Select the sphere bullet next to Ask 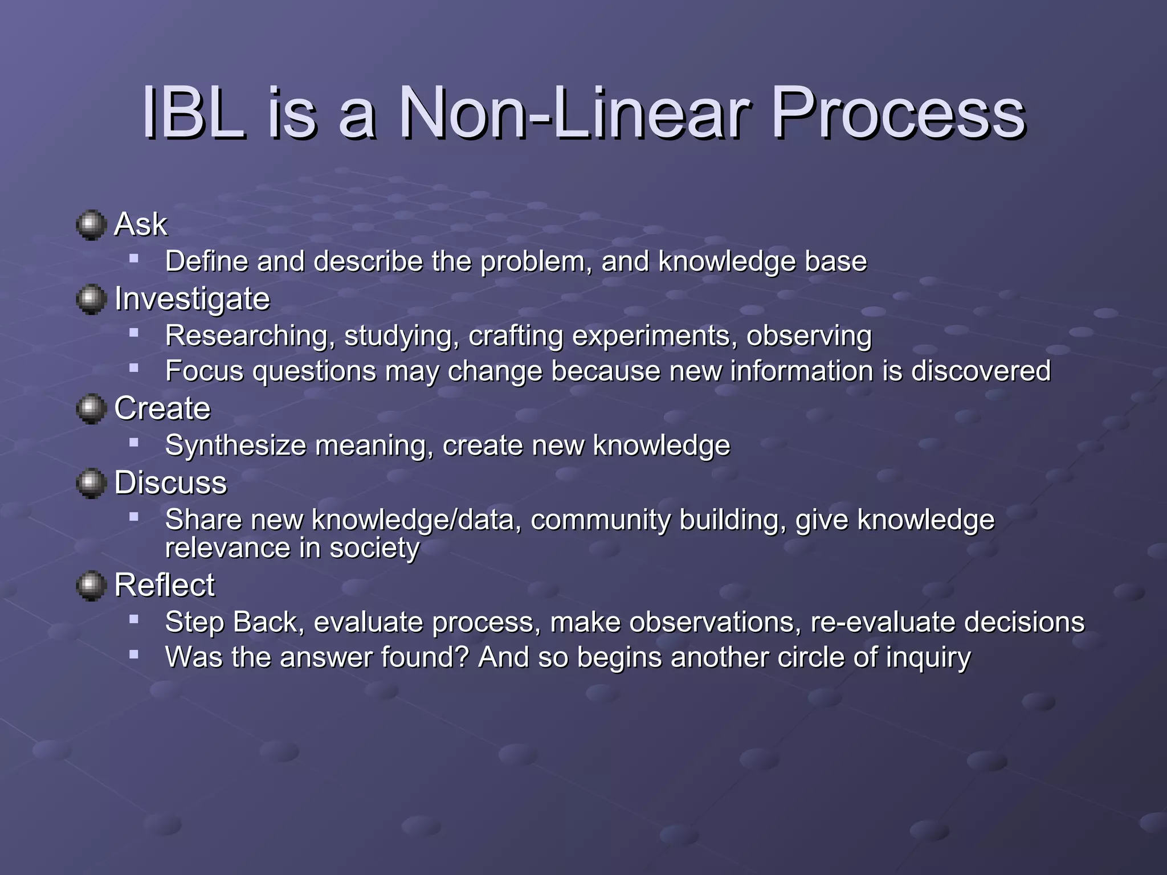pyautogui.click(x=91, y=226)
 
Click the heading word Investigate pyautogui.click(x=192, y=300)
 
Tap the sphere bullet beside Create pyautogui.click(x=91, y=409)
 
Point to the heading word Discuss pyautogui.click(x=170, y=483)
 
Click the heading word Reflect pyautogui.click(x=165, y=585)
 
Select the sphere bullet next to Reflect pyautogui.click(x=91, y=586)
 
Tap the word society pyautogui.click(x=374, y=549)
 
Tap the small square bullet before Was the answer pyautogui.click(x=134, y=655)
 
